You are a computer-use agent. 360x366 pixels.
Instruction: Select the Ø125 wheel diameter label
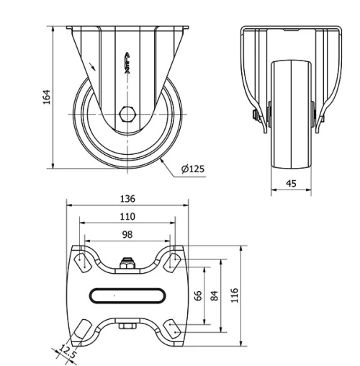[x=192, y=169]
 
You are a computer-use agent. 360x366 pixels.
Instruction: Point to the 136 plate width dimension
[x=127, y=199]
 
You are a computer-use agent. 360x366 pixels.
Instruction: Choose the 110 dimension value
[x=127, y=216]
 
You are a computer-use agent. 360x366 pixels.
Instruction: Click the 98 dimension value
[x=127, y=233]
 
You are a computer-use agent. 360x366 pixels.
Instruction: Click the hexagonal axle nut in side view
[x=127, y=114]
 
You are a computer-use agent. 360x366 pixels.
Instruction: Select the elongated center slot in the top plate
[x=127, y=295]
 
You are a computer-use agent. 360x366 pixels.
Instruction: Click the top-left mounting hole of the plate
[x=81, y=260]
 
